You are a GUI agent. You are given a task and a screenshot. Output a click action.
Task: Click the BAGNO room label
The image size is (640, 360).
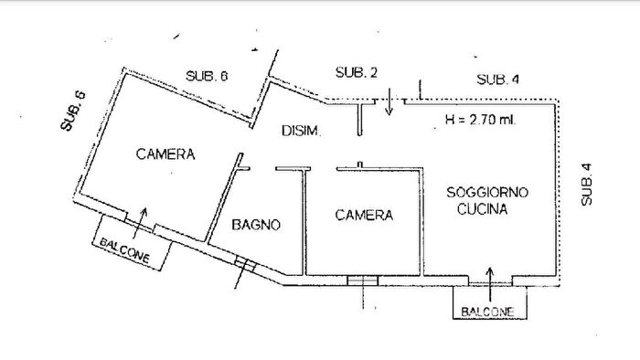click(254, 224)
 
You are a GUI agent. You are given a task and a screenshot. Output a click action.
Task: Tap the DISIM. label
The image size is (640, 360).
click(301, 132)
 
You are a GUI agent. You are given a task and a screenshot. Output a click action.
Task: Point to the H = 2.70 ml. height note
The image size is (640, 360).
click(479, 118)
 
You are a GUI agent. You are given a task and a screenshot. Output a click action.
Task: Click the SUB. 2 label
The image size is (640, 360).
click(357, 73)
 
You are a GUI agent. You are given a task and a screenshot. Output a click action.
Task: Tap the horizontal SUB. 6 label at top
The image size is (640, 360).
click(207, 76)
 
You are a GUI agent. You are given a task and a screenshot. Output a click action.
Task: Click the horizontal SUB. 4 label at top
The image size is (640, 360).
click(498, 79)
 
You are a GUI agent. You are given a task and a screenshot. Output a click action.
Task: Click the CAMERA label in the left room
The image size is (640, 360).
click(165, 154)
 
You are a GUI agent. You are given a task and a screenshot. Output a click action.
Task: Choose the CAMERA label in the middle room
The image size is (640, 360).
click(363, 216)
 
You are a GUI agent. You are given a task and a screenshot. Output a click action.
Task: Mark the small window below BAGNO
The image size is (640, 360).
click(241, 264)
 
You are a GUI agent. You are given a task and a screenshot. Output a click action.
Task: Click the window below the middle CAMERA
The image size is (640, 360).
click(362, 281)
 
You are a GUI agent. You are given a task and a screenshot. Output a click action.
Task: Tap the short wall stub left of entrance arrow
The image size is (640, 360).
click(362, 117)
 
